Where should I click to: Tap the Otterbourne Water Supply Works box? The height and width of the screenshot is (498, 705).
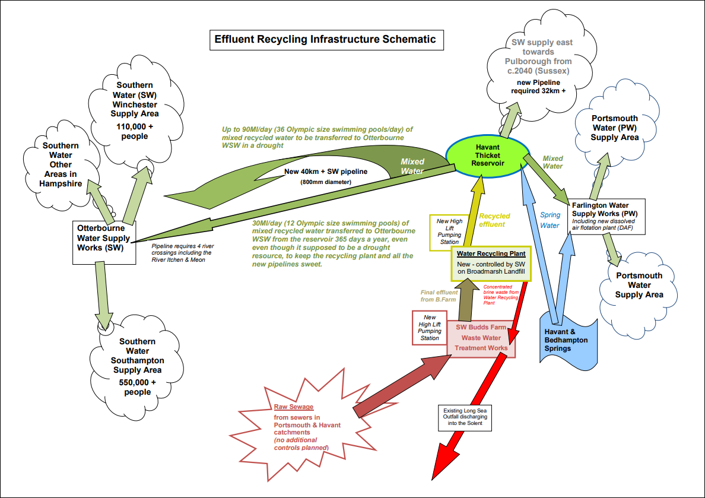104,242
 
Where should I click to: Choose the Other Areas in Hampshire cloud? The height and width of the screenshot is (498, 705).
60,164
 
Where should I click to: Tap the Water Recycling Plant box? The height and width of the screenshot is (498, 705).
491,262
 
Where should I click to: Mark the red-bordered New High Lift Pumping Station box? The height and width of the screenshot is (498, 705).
430,327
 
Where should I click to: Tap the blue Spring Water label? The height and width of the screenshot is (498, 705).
550,221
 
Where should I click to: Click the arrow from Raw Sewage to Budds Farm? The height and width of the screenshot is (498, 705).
403,386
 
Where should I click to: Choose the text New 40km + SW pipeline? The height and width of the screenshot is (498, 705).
325,171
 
